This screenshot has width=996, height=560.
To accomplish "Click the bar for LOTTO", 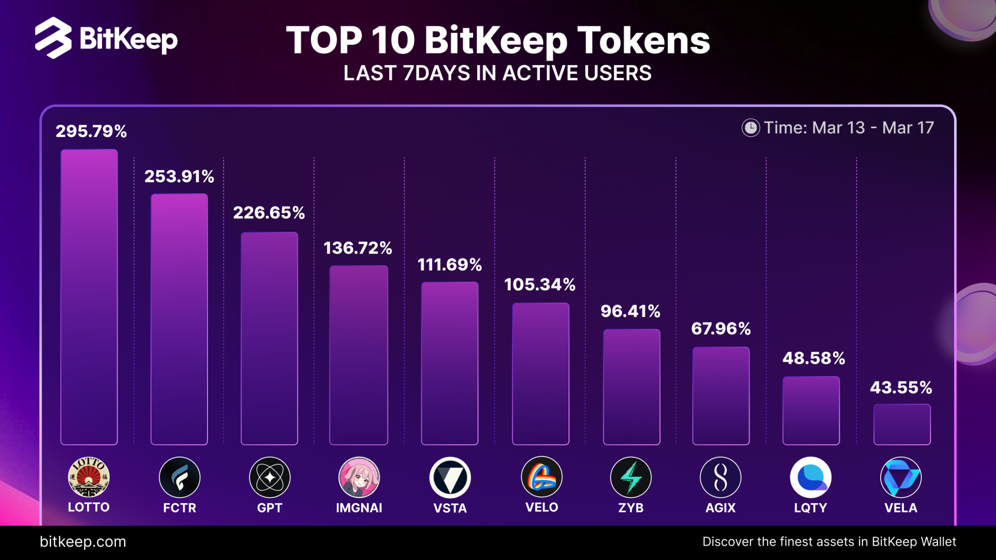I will point(89,297).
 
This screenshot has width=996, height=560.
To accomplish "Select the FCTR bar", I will point(179,319).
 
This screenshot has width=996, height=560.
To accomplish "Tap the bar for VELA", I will point(902,424).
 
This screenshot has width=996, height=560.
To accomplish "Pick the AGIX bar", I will point(721,396).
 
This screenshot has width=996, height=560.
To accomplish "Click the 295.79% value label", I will point(91,131).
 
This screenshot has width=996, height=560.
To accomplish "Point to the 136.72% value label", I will point(358,248).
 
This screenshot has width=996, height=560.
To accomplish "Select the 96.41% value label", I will point(630,312).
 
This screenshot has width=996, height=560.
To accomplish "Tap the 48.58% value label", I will point(813,359).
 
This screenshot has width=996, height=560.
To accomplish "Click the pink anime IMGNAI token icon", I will point(359,477).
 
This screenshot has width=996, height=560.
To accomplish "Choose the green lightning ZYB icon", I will point(631,477).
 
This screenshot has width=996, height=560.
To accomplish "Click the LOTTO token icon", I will point(89,477).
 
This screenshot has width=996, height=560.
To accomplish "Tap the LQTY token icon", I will point(811,477).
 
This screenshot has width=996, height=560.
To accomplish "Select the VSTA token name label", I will point(450,508).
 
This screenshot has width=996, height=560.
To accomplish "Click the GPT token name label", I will point(270,508).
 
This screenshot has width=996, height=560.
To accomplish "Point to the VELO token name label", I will point(542,507).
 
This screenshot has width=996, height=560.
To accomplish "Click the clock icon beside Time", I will point(750,128).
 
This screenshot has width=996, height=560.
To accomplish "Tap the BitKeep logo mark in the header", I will point(53,38).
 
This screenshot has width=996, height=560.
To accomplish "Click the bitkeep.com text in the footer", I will point(83,542).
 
